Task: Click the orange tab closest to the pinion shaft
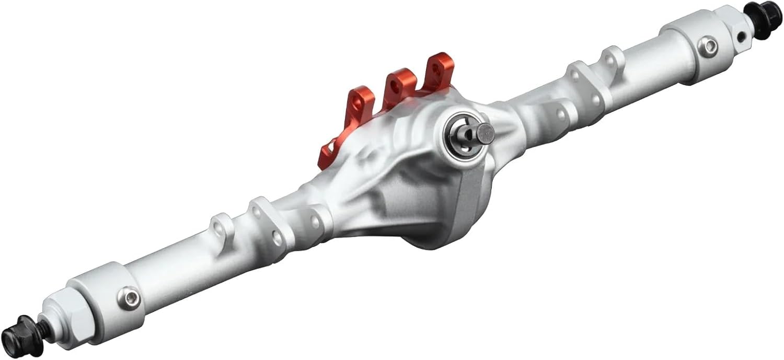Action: point(438,70)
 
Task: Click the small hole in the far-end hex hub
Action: point(741,37)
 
